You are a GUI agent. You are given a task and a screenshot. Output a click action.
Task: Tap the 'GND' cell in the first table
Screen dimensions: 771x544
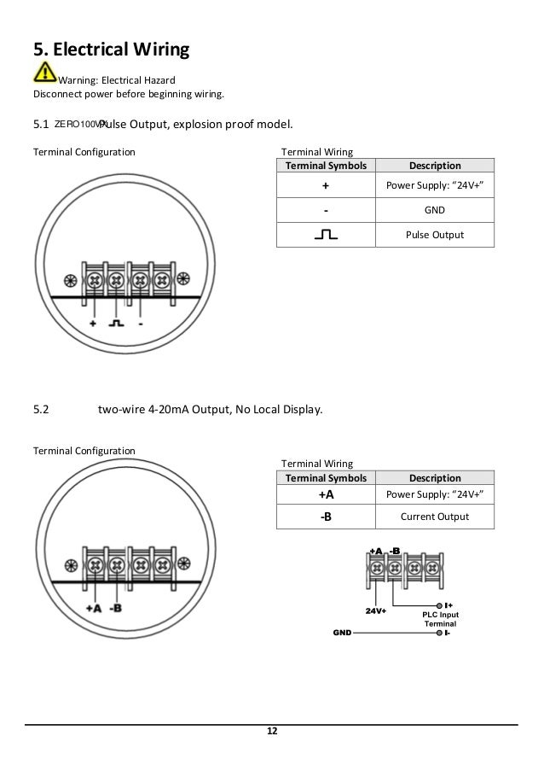(435, 209)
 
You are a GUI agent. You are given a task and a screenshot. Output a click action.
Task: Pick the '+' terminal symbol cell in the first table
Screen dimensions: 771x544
(326, 184)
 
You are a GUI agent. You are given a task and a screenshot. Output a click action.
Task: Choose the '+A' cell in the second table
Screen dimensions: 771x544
(326, 494)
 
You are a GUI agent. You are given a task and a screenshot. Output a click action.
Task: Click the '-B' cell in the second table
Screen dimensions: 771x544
(326, 516)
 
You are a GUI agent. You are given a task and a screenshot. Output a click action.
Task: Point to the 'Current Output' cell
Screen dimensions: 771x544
(435, 516)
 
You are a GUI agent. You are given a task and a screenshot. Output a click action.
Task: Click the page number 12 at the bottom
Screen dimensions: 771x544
(272, 732)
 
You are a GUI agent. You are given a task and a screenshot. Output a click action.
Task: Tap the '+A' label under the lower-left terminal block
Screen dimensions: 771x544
(94, 609)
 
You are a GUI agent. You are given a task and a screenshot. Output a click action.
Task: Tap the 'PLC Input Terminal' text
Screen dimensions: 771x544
(440, 620)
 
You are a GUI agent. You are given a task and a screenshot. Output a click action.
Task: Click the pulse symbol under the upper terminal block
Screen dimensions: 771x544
(116, 324)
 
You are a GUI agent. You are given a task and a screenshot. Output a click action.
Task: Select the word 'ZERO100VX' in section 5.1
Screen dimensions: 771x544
(78, 125)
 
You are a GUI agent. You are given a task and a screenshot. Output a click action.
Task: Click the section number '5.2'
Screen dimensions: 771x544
(42, 409)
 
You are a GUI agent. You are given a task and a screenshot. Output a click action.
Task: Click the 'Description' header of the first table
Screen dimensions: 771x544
(435, 166)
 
